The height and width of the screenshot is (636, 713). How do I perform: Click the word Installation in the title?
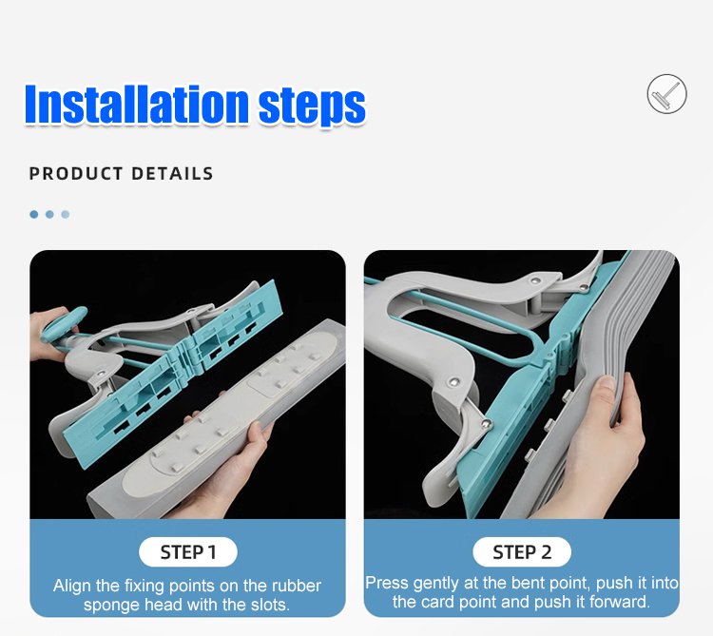pyautogui.click(x=136, y=104)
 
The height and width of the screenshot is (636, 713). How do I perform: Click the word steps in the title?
pyautogui.click(x=312, y=107)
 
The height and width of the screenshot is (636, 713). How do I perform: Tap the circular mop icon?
pyautogui.click(x=666, y=94)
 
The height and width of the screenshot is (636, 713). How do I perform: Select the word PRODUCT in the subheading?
pyautogui.click(x=76, y=174)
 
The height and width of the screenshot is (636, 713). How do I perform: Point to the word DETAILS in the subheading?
pyautogui.click(x=172, y=174)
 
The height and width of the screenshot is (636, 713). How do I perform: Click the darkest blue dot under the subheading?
pyautogui.click(x=33, y=214)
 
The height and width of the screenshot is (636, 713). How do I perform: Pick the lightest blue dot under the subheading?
pyautogui.click(x=66, y=214)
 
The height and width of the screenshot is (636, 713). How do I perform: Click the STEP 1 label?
pyautogui.click(x=188, y=552)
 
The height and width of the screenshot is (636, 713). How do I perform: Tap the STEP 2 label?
pyautogui.click(x=522, y=552)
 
